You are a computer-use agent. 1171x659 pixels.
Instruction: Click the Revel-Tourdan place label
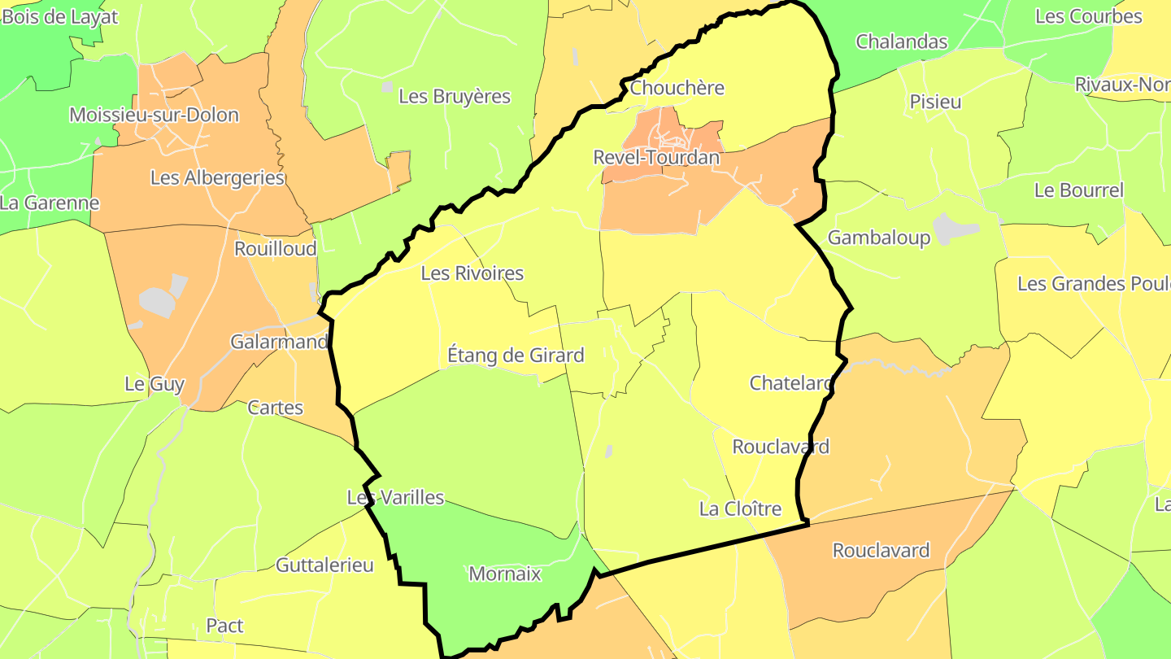656,158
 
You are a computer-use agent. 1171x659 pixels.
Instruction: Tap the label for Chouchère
677,88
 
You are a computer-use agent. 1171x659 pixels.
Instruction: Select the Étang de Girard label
516,356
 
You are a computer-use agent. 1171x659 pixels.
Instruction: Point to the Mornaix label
504,574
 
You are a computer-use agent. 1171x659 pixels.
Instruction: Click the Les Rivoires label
472,273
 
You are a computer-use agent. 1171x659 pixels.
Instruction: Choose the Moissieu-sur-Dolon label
154,115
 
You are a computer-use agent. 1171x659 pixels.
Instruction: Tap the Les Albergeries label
217,177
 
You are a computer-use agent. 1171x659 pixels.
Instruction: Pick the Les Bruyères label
454,97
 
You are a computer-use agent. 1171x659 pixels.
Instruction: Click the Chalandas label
901,41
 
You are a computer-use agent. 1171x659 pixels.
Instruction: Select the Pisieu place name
935,102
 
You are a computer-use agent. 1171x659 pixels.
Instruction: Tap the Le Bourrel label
1078,190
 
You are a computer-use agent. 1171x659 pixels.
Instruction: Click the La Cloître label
740,509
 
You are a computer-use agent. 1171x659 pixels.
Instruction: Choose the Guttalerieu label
324,565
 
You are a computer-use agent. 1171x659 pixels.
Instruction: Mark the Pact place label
224,626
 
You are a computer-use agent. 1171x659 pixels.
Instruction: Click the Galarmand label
279,342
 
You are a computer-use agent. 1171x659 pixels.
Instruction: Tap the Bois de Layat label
59,17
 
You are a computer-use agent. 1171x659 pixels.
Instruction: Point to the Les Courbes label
1088,17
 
